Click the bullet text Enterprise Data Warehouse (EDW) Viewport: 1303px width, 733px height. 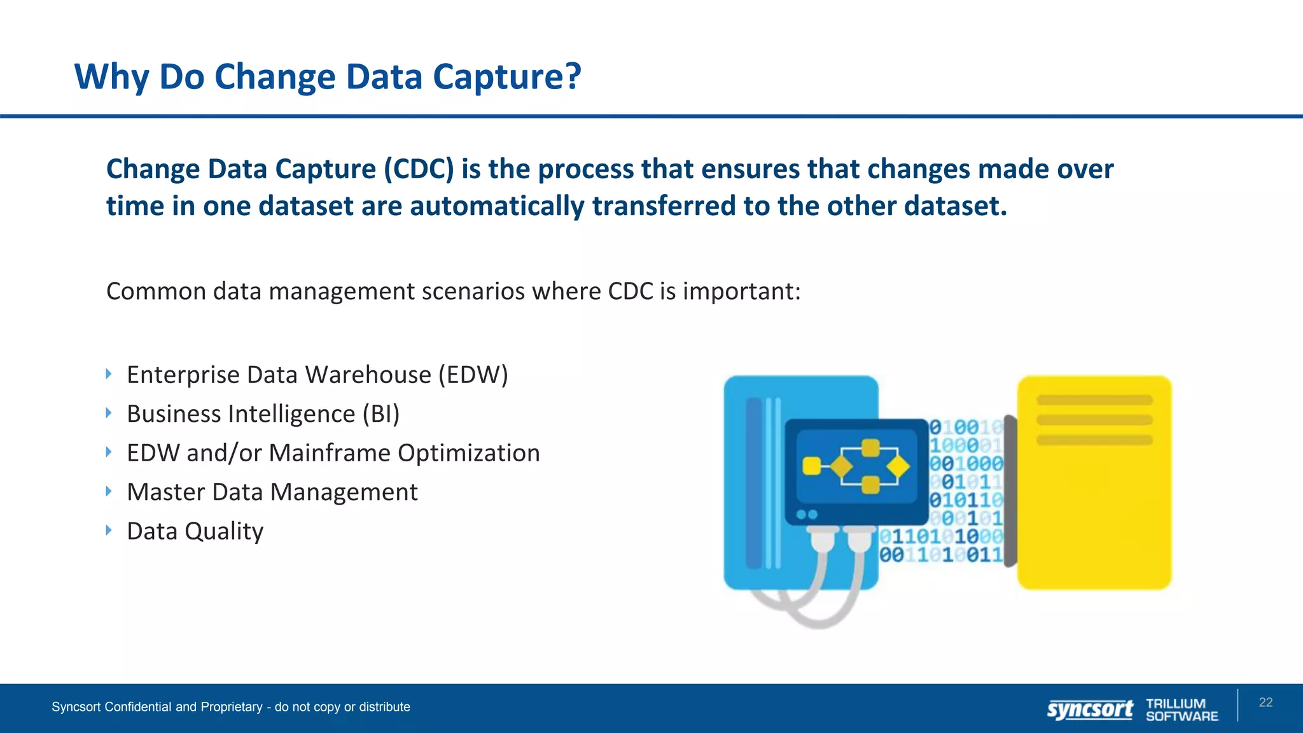point(317,375)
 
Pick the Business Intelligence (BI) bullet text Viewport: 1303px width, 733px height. point(263,414)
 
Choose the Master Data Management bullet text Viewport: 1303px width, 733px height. point(272,492)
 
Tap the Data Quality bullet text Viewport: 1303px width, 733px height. point(195,531)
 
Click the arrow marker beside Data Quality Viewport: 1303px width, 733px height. point(109,530)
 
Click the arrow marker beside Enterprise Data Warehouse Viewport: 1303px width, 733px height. point(109,373)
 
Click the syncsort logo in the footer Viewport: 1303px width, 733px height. point(1090,709)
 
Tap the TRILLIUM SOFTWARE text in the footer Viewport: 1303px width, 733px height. point(1181,709)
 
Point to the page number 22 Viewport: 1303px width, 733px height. point(1265,702)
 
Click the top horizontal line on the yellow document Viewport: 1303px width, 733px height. point(1094,400)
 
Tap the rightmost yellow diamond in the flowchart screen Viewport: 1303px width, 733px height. point(898,467)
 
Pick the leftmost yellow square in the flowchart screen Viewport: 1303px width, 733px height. point(811,466)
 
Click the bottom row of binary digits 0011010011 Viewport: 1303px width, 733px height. point(940,555)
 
